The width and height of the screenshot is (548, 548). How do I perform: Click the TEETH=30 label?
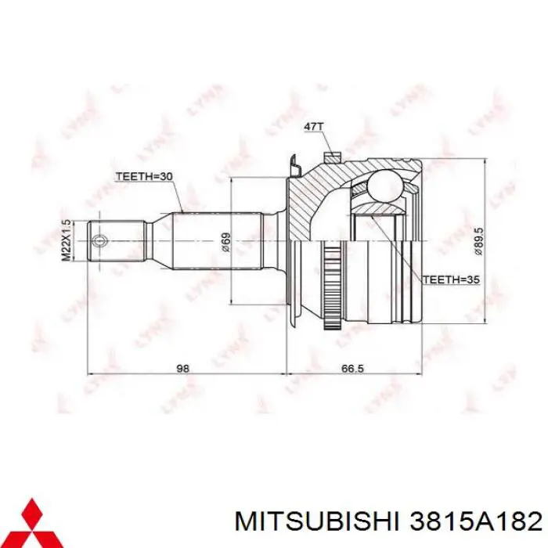coord(144,176)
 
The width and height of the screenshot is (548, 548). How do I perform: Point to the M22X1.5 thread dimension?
coord(67,240)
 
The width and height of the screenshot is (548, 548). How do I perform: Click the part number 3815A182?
coord(469,519)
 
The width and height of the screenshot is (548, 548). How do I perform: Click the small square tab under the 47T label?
coord(333,155)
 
